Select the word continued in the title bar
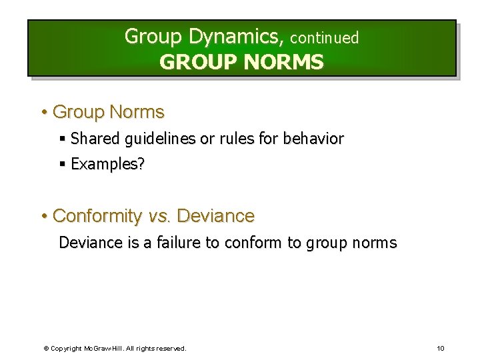click(x=324, y=38)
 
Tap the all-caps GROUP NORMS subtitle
click(x=241, y=62)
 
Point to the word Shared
click(x=94, y=139)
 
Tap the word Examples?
click(x=107, y=164)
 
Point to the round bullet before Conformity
click(x=43, y=216)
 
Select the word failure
click(x=179, y=243)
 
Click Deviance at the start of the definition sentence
click(x=87, y=243)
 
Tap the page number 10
click(x=440, y=348)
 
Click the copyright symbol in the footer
click(x=46, y=348)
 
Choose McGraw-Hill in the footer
click(x=101, y=348)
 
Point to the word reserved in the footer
click(x=172, y=348)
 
